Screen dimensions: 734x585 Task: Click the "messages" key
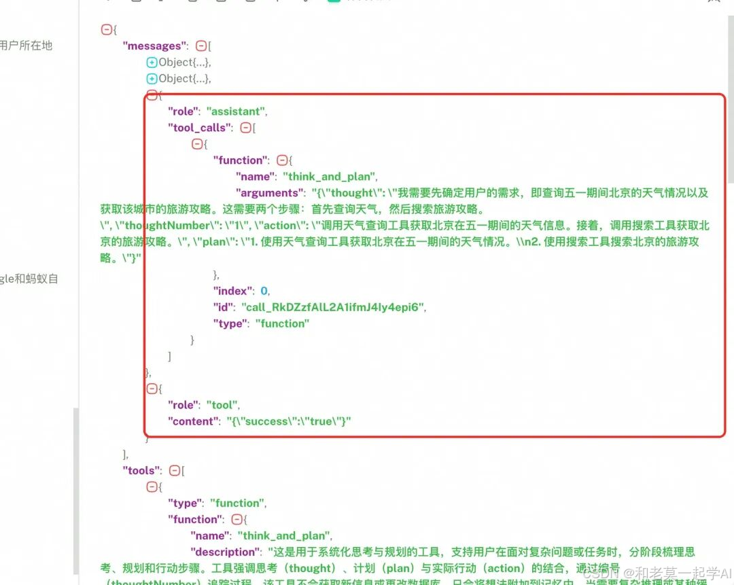153,46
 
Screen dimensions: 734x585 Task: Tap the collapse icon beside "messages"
200,46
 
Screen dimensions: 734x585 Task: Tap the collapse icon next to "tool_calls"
246,128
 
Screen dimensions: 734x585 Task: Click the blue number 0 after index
264,291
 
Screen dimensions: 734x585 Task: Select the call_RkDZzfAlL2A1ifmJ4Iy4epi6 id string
334,307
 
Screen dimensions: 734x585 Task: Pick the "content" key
194,421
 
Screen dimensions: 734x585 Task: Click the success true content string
289,421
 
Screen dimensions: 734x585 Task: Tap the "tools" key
142,470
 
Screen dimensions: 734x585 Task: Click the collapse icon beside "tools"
175,470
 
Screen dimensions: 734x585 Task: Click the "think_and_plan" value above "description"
284,535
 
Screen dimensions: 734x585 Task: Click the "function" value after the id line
282,323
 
